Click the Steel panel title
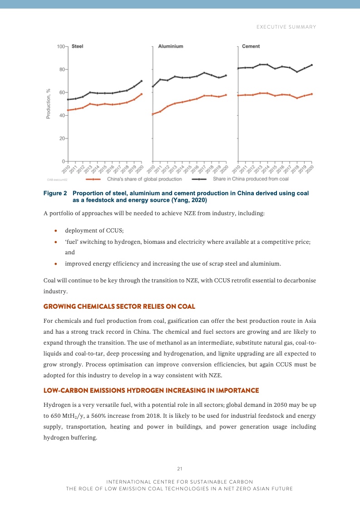pos(78,46)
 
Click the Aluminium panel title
pos(171,46)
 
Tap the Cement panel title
pos(251,46)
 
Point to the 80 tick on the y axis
pos(61,69)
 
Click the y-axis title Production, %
pos(48,104)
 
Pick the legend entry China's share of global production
pos(144,179)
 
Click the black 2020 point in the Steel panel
pos(142,81)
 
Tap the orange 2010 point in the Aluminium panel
pos(153,114)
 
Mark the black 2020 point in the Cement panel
pos(312,65)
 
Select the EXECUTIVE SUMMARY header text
pos(286,27)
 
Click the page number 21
pos(180,469)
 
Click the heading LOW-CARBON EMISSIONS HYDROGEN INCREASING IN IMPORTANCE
pos(151,390)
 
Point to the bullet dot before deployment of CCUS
pos(55,231)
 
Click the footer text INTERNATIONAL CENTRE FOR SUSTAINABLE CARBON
pos(180,481)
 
